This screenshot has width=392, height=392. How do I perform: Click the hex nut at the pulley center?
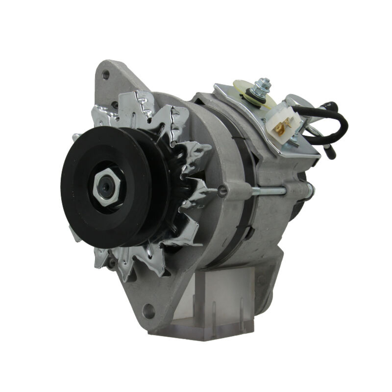click(106, 187)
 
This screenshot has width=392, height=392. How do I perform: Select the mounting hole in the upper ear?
click(105, 74)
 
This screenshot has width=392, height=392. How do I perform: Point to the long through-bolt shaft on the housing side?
click(267, 191)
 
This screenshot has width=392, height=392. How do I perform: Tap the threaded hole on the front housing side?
click(222, 191)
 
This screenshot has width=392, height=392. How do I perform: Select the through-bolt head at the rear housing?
click(310, 190)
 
